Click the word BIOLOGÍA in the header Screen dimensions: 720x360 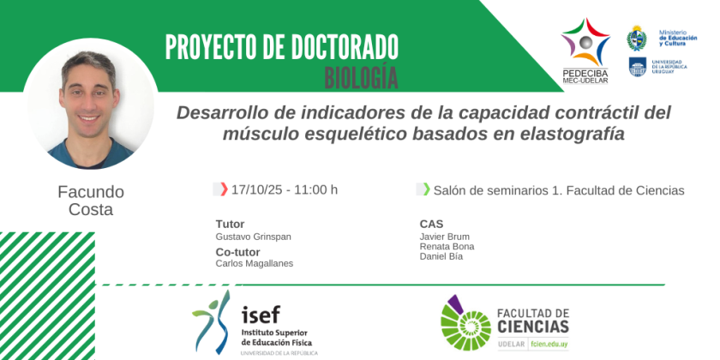coord(361,78)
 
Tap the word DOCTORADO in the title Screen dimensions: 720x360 coord(334,47)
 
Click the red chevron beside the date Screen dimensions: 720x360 coord(224,189)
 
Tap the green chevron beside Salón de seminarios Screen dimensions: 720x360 coord(427,189)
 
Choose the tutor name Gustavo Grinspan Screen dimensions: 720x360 coord(254,237)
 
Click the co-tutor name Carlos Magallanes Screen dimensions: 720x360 coord(255,264)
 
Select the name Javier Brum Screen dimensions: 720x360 coord(445,237)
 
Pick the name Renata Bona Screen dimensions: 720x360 coord(447,247)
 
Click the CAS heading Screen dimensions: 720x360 coord(431,224)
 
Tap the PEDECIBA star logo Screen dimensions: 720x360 coord(585,42)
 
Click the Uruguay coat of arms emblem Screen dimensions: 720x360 coord(637,38)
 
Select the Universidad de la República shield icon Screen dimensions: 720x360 coord(638,67)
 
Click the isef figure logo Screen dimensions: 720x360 coord(212,322)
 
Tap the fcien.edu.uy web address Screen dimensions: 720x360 coord(549,345)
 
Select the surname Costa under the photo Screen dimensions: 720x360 coord(91,209)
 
